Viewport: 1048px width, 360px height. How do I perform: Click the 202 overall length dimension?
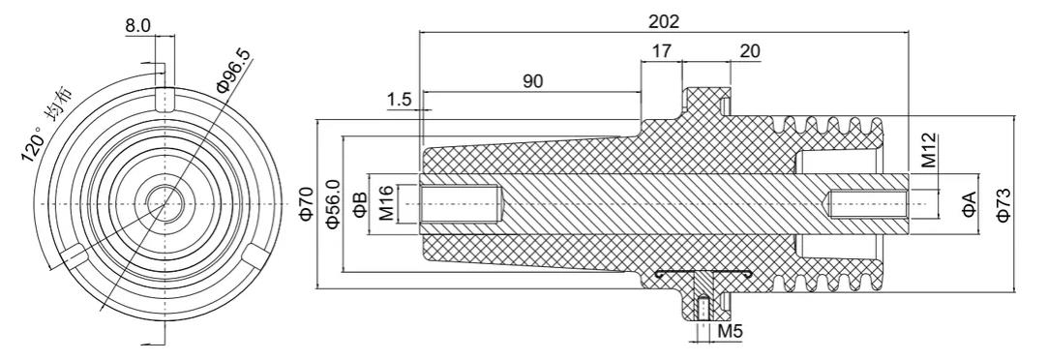(664, 21)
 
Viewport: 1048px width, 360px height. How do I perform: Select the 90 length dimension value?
(532, 81)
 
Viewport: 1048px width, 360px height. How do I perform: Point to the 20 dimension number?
(750, 51)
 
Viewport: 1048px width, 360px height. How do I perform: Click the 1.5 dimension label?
(399, 101)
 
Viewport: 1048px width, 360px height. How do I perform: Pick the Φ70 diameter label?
(306, 204)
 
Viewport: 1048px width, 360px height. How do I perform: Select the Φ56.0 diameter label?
(332, 204)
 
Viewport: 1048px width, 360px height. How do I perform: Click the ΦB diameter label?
(360, 204)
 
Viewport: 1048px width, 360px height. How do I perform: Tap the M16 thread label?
(386, 204)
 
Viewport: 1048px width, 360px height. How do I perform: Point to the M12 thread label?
(929, 151)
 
